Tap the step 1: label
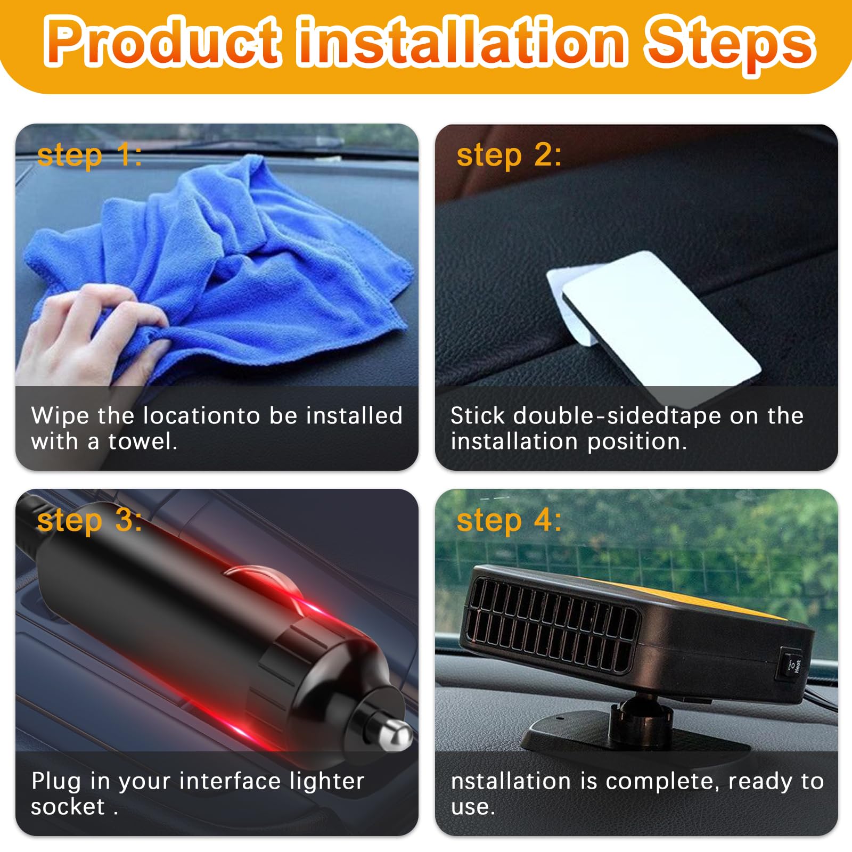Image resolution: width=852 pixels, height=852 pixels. pyautogui.click(x=89, y=155)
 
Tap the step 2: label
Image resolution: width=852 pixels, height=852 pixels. pyautogui.click(x=509, y=155)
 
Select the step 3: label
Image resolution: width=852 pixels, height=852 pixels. pyautogui.click(x=89, y=521)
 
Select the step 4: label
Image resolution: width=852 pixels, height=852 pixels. pyautogui.click(x=509, y=521)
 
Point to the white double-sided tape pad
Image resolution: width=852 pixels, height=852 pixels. pyautogui.click(x=660, y=325)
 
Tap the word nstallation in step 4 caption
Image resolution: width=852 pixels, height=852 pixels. pyautogui.click(x=511, y=781)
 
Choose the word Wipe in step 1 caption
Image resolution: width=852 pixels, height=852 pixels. pyautogui.click(x=60, y=416)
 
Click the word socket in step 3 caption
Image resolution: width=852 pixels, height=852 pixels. pyautogui.click(x=68, y=807)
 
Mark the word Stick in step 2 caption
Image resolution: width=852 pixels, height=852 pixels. pyautogui.click(x=477, y=416)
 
